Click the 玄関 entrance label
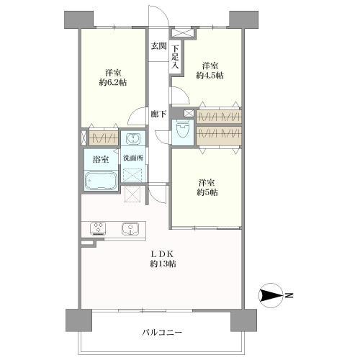158,46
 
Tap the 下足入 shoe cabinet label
176,57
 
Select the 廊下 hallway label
158,114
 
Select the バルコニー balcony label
163,333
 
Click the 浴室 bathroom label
100,158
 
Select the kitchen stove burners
97,228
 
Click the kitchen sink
130,228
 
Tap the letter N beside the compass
288,294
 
